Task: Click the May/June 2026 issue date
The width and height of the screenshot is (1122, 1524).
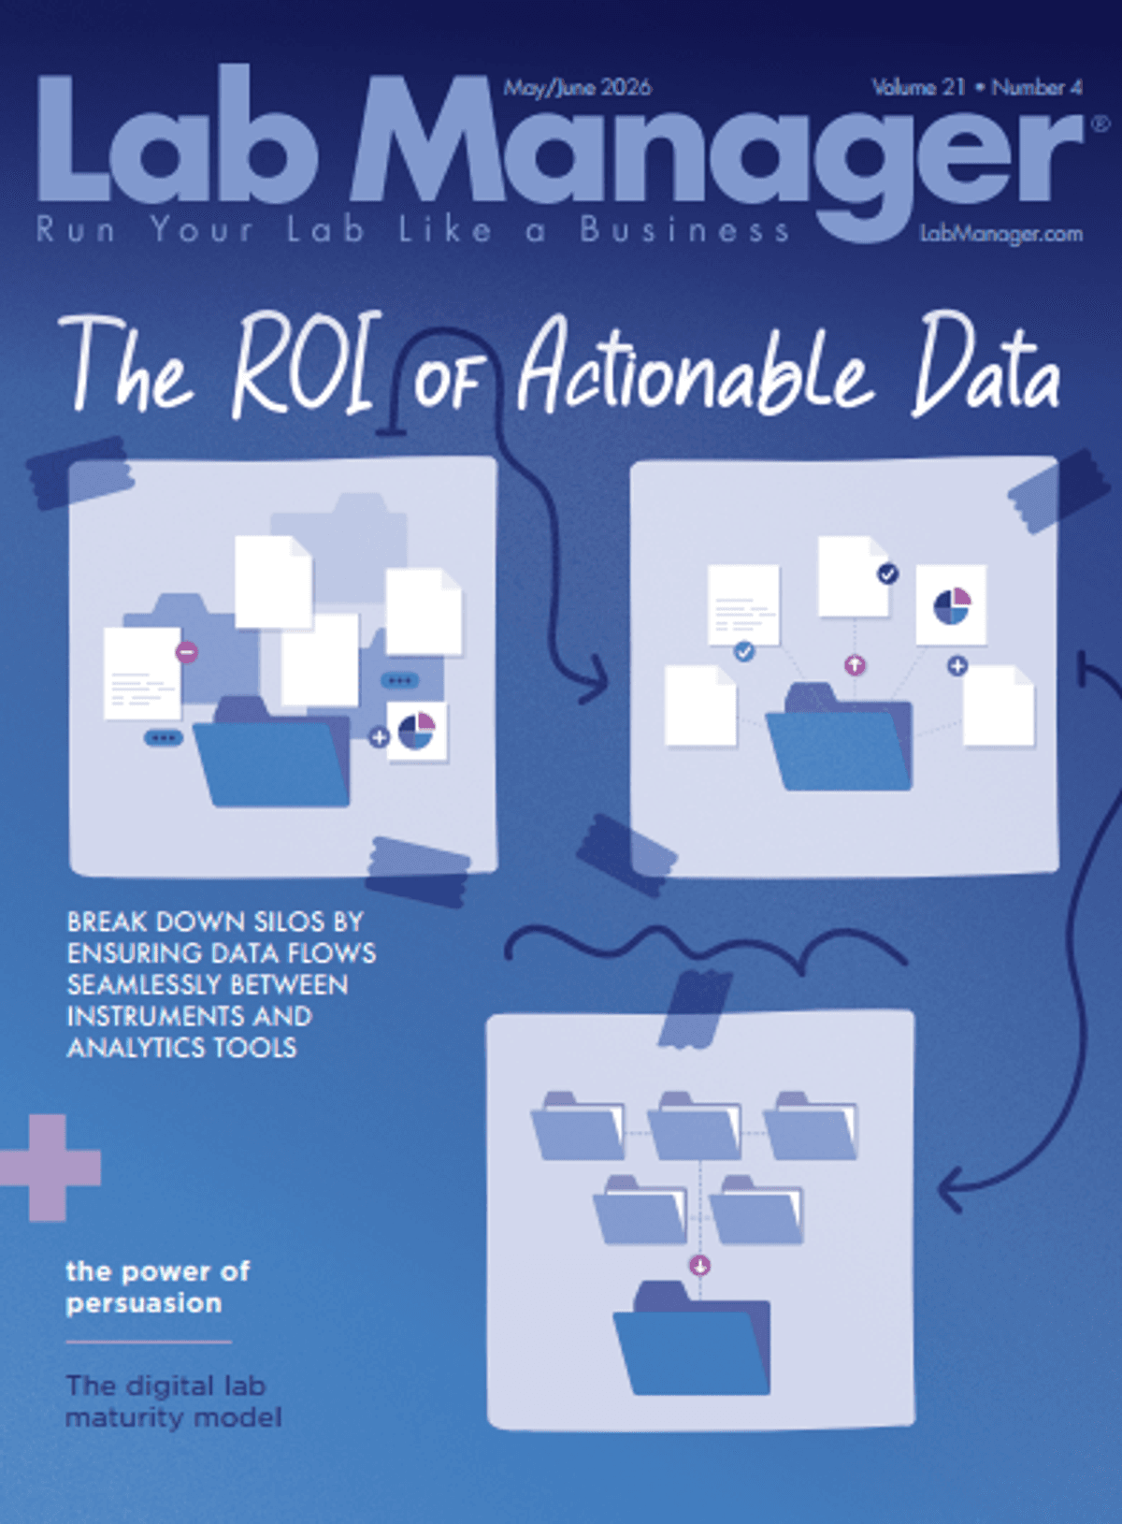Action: click(577, 88)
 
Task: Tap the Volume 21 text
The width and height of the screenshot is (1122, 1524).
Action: click(919, 87)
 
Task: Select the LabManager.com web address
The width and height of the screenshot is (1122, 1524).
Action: click(1001, 234)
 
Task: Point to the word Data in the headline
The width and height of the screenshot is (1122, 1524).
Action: click(986, 364)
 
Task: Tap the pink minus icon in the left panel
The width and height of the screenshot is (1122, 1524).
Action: click(186, 652)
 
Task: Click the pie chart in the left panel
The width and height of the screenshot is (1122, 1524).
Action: click(416, 731)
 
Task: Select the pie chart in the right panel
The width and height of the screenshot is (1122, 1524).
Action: click(951, 606)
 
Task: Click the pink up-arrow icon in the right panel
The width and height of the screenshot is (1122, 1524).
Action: click(855, 664)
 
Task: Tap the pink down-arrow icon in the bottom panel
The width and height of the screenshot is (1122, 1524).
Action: click(699, 1266)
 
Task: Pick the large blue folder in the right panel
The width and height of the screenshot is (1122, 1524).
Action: click(839, 737)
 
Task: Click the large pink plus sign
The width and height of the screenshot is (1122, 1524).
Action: click(49, 1168)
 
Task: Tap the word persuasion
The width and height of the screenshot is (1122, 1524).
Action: click(143, 1303)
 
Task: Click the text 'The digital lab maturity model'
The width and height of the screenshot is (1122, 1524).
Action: click(173, 1401)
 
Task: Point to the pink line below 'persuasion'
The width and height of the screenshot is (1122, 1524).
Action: click(149, 1343)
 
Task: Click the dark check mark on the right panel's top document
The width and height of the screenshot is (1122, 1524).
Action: click(887, 573)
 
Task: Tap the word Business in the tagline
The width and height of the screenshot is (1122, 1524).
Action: click(684, 231)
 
